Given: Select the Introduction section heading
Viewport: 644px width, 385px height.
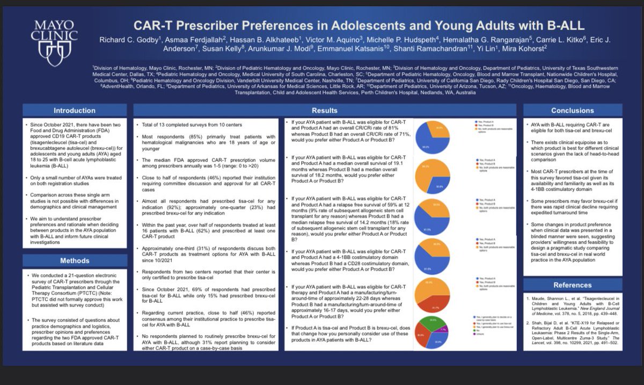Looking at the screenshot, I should coord(75,111).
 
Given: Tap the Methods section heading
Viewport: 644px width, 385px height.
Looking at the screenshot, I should coord(75,260).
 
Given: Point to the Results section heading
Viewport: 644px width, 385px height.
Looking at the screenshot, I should coord(325,111).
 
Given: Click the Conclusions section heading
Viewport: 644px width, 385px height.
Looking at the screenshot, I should coord(573,111).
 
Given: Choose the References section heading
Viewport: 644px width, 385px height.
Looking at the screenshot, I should coord(573,285).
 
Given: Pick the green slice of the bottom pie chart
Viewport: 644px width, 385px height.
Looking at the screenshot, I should coord(433,322).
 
